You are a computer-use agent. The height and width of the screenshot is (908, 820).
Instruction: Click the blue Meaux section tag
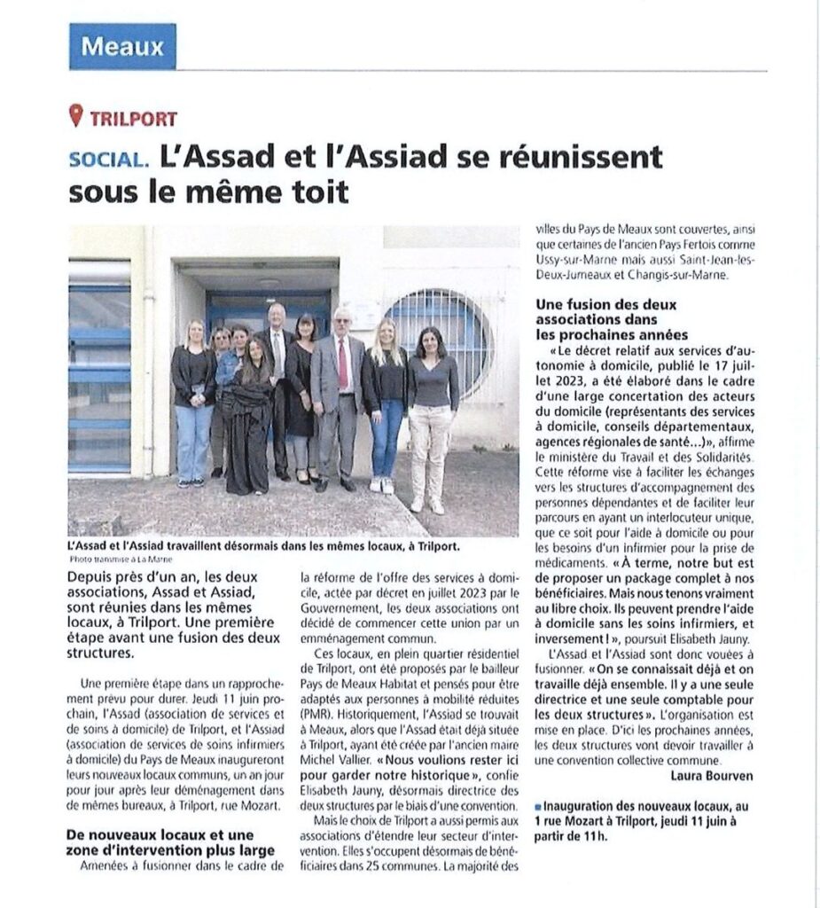point(122,46)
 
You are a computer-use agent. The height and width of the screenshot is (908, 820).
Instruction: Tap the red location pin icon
point(76,116)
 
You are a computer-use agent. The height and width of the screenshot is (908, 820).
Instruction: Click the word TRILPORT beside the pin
point(133,119)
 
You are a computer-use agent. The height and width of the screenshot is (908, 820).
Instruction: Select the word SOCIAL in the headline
point(108,159)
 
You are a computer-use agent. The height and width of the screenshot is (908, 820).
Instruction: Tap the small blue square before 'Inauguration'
point(538,805)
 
